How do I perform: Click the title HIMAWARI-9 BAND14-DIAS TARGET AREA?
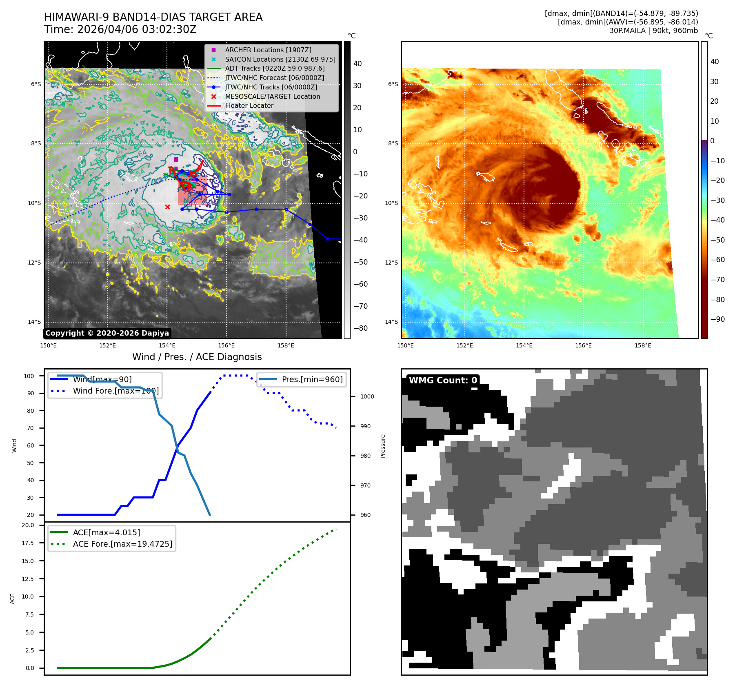(x=153, y=17)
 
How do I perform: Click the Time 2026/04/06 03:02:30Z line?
(x=120, y=29)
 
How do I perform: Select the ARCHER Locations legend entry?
(x=268, y=50)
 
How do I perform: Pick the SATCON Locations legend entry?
(x=280, y=59)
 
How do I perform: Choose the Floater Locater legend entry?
(x=249, y=105)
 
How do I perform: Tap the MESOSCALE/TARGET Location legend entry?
(x=272, y=96)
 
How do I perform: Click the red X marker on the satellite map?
(x=167, y=207)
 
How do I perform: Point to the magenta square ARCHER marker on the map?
(x=176, y=159)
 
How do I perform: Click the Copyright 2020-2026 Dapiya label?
(x=107, y=333)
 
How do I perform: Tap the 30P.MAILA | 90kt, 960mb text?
(x=653, y=31)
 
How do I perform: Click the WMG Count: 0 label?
(x=443, y=381)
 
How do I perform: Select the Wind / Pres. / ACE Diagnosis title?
(x=197, y=357)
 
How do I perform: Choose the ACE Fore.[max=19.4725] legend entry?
(x=122, y=544)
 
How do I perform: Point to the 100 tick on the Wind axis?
(x=29, y=376)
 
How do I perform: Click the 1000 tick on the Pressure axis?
(x=367, y=396)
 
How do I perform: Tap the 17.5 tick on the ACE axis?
(x=28, y=543)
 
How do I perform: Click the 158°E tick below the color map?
(x=643, y=345)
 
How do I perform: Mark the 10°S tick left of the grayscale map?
(x=34, y=203)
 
